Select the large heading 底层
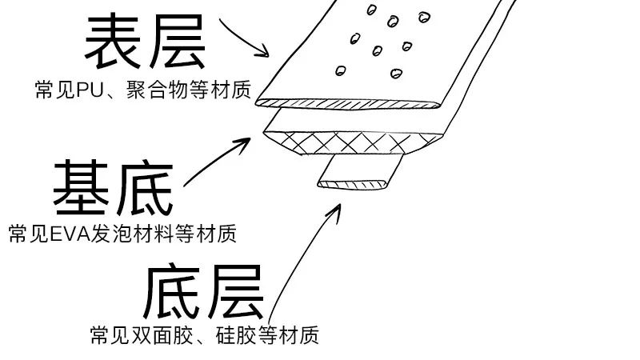tap(204, 292)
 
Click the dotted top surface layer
tap(384, 48)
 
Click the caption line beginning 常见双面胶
tap(205, 334)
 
